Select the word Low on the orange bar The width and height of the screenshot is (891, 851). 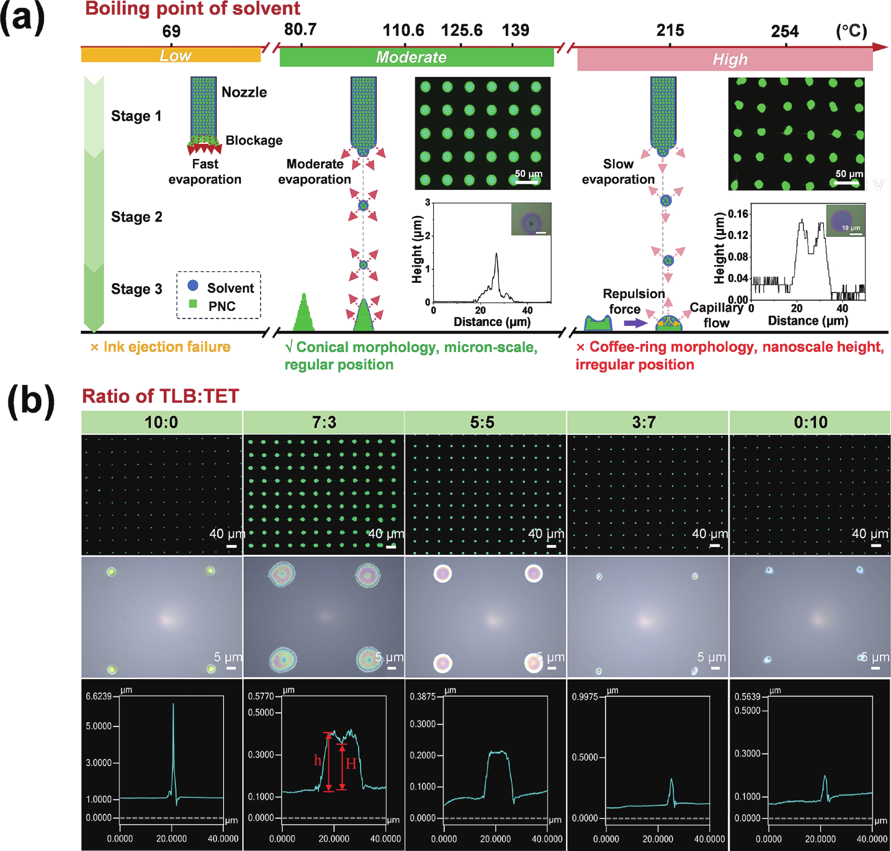(175, 55)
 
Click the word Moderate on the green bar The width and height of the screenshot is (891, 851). (411, 57)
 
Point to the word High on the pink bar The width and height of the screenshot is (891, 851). (730, 59)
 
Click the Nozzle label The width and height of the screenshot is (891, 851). (244, 92)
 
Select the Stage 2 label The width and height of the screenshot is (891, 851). (136, 217)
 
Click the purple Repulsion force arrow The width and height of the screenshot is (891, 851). (635, 323)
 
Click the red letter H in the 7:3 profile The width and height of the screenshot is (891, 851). (351, 764)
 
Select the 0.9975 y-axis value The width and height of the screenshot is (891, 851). (585, 697)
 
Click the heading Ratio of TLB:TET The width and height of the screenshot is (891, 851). (160, 396)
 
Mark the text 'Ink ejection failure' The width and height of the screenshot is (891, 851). (166, 347)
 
